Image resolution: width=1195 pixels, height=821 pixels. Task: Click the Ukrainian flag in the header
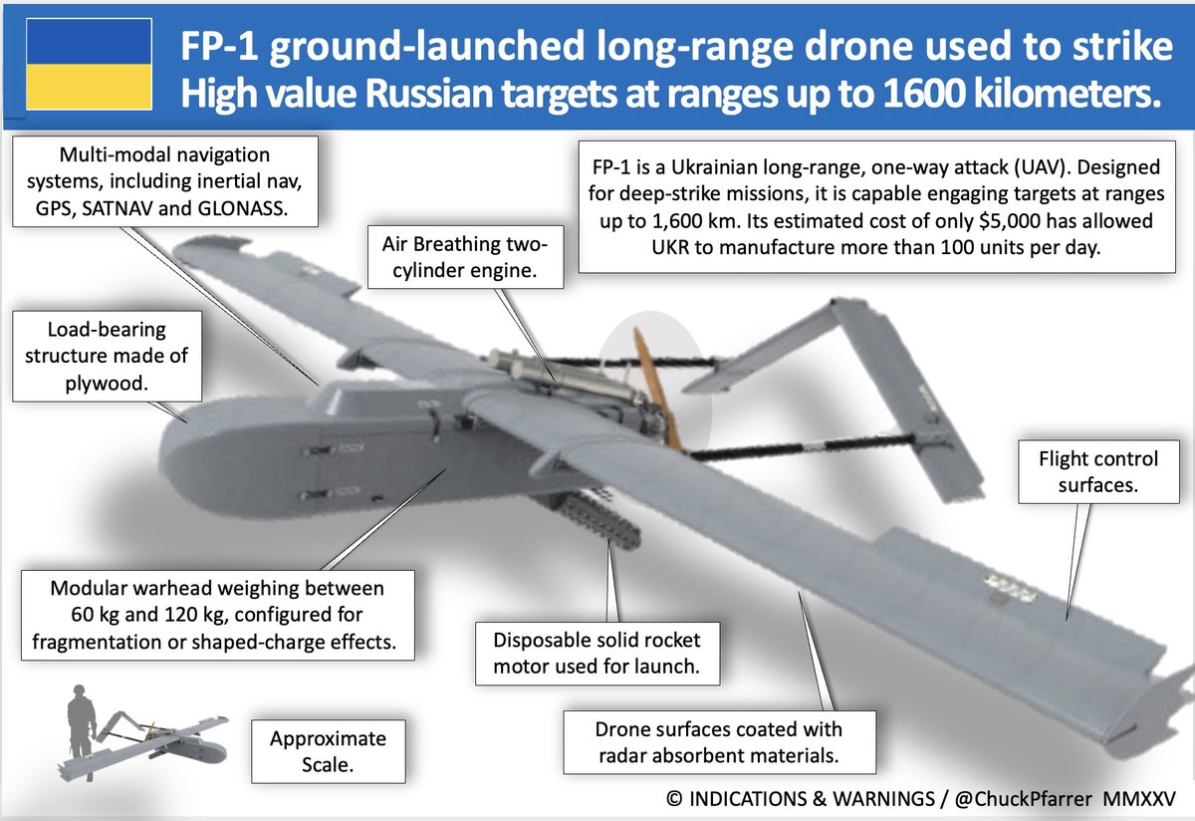coord(87,65)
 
